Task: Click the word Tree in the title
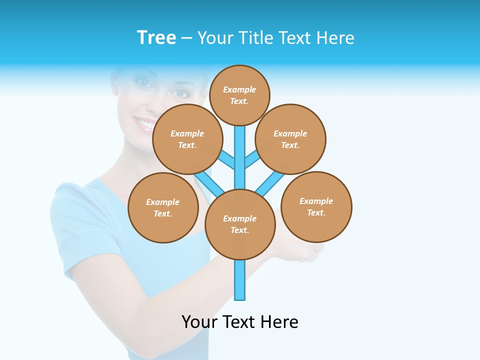156,38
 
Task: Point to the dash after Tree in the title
186,38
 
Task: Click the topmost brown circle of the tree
239,95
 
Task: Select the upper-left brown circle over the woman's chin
187,139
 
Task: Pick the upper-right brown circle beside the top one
290,139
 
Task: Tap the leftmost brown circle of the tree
163,207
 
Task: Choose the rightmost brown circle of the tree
316,206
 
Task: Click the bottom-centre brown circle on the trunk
240,224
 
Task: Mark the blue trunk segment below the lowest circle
240,280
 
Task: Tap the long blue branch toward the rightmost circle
270,182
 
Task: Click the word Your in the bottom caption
199,322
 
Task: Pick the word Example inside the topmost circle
239,90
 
